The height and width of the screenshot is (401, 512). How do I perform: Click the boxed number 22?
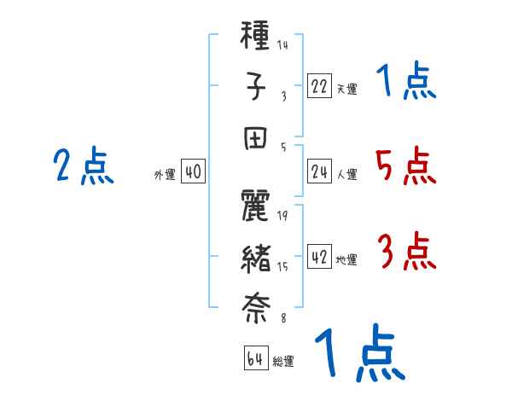(x=319, y=86)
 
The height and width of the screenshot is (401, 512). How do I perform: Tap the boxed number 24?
(x=319, y=172)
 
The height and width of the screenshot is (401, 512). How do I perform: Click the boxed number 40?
(x=193, y=172)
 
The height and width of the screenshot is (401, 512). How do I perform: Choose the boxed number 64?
(x=256, y=359)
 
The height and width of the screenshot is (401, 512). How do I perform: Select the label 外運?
(x=164, y=175)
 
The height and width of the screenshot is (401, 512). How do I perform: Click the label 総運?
(x=283, y=362)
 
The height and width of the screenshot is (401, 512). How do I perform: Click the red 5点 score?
(x=405, y=166)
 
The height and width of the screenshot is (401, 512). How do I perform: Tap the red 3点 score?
(x=405, y=253)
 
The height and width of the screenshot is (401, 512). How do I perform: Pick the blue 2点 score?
(x=84, y=166)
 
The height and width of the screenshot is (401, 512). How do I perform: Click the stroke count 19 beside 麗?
(x=282, y=216)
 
